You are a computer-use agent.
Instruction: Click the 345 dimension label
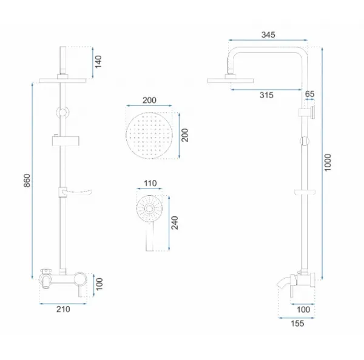pos(268,35)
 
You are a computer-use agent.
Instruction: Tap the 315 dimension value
pos(266,95)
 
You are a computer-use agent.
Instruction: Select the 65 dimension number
pos(309,94)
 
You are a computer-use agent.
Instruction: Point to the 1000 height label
pos(328,162)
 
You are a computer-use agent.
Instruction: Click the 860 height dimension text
pos(27,180)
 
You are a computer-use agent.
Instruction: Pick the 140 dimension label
pos(98,62)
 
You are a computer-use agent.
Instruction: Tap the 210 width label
pos(63,309)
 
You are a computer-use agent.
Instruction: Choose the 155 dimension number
pos(297,324)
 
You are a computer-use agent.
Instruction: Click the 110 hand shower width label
pos(150,183)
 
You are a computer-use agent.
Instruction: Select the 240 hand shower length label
pos(175,222)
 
